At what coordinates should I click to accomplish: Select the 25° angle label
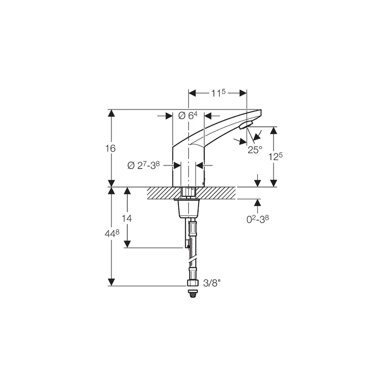click(x=255, y=150)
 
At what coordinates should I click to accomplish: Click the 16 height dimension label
click(x=110, y=149)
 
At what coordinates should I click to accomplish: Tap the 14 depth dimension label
click(x=126, y=218)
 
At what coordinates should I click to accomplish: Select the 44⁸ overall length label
click(x=111, y=234)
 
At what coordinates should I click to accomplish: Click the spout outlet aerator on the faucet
click(x=245, y=126)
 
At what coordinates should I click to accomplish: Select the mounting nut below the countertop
click(x=189, y=208)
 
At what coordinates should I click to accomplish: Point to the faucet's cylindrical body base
click(x=188, y=169)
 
